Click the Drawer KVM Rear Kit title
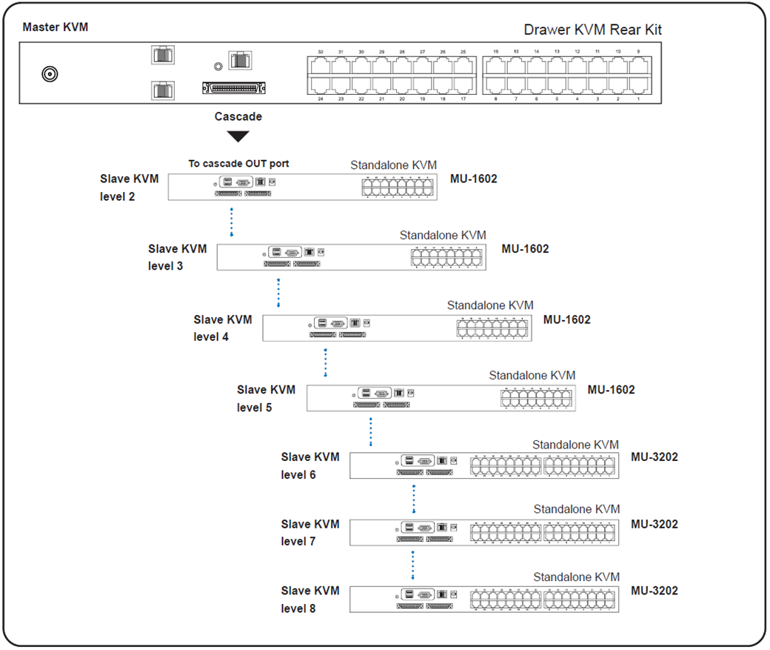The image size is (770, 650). (592, 30)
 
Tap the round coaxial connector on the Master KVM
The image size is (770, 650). (50, 74)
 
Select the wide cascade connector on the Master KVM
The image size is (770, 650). (234, 88)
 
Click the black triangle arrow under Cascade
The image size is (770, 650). (238, 136)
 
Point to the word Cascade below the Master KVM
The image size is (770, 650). (238, 116)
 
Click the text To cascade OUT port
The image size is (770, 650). (238, 163)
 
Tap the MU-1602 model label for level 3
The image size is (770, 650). (525, 249)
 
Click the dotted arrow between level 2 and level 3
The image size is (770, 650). (232, 222)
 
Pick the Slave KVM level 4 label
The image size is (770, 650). (222, 328)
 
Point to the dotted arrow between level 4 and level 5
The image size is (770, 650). (325, 363)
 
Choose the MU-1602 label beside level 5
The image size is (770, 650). (611, 390)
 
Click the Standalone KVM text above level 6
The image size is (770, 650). (575, 445)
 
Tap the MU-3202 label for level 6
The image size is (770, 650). (654, 457)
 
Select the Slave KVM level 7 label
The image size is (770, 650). (310, 533)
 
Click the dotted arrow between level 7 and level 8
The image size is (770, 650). (412, 565)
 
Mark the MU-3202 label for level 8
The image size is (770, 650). (654, 591)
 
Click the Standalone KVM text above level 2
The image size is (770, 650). (393, 165)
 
